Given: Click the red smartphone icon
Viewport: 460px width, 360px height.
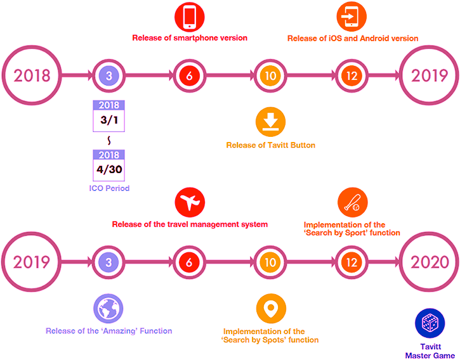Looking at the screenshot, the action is pos(190,17).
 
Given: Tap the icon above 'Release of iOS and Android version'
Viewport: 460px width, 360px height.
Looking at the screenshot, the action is pos(352,16).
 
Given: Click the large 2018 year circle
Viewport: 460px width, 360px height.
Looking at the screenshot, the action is pos(32,75).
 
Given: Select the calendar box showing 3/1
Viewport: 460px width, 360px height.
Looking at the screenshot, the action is pos(109,116).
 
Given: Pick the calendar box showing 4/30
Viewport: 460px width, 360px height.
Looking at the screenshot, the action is pos(109,165).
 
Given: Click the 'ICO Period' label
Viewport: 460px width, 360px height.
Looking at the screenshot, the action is pos(109,188).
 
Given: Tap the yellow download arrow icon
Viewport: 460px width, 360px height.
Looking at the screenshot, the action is pos(270,122).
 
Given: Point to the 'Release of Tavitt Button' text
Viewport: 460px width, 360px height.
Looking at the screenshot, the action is pos(270,145).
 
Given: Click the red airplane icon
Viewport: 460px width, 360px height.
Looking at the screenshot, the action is pos(190,202).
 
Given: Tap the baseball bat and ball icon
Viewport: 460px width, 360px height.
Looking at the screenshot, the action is pos(352,203).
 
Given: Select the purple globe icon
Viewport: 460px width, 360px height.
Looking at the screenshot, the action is pos(108,309).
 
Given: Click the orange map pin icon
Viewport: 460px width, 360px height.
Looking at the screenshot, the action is pos(271,309).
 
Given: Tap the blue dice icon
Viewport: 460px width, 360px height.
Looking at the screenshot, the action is pos(430,323).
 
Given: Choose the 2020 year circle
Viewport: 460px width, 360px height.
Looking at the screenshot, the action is pos(430,262).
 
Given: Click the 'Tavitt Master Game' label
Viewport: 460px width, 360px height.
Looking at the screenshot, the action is pos(430,351).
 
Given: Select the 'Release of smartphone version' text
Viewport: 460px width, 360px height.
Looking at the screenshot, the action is pos(190,38).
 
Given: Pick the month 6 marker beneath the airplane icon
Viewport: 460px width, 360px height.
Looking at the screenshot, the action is pos(189,262).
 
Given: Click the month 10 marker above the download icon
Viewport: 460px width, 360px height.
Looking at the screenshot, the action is pos(270,75).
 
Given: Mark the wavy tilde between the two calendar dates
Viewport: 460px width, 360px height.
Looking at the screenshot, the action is pos(109,141).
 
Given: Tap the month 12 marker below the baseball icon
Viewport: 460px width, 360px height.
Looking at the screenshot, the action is pos(352,262).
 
